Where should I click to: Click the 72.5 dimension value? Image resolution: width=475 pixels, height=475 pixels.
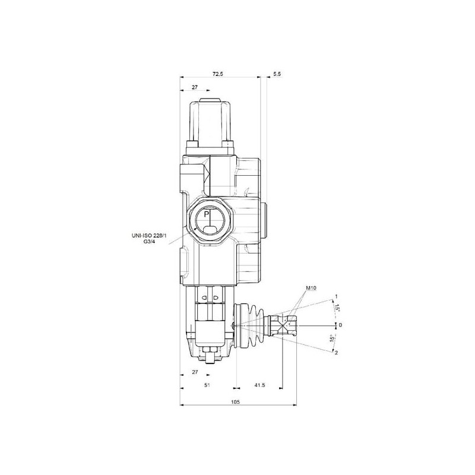point(217,74)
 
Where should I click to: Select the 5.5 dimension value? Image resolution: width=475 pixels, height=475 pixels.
point(277,74)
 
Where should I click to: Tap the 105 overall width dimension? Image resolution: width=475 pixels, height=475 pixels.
point(235,402)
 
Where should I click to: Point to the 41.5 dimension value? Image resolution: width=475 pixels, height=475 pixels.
point(259,385)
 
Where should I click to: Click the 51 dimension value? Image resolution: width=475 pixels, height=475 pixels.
point(207,385)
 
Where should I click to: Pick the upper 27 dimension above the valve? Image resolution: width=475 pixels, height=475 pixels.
point(195,87)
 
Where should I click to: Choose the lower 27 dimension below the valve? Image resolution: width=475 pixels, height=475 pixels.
point(195,372)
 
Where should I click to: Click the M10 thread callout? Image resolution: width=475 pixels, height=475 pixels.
point(311,288)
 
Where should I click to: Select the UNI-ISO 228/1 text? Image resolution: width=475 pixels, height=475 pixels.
point(149,235)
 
